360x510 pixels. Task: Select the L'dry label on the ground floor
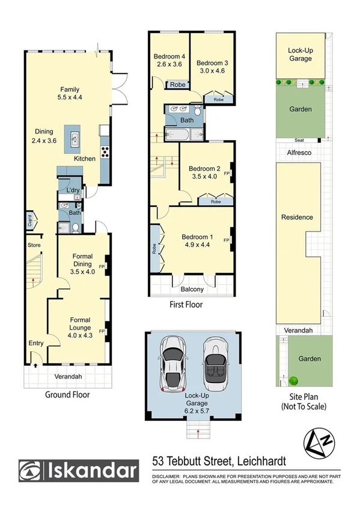pyautogui.click(x=73, y=191)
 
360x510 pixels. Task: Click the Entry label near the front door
pyautogui.click(x=36, y=343)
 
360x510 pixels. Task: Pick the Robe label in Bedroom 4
pyautogui.click(x=177, y=85)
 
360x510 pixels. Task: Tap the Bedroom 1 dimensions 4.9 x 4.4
pyautogui.click(x=198, y=245)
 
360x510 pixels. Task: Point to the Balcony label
pyautogui.click(x=191, y=289)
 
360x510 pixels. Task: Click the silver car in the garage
pyautogui.click(x=173, y=363)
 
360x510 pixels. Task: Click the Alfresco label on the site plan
pyautogui.click(x=299, y=153)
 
